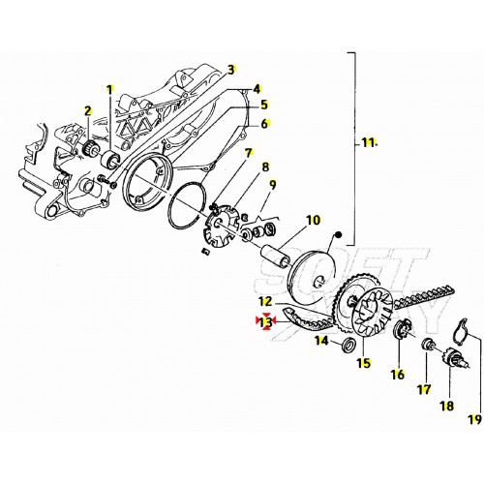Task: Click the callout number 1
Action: (110, 90)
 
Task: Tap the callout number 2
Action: (88, 110)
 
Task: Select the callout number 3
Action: (230, 70)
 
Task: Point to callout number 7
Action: (248, 153)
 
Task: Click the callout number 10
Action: (313, 220)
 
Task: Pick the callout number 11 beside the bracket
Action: (368, 142)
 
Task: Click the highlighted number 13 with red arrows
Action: (266, 321)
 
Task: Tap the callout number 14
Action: (321, 341)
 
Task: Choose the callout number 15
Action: (364, 363)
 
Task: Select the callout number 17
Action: (424, 389)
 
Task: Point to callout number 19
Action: (474, 420)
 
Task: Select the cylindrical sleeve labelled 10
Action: (278, 256)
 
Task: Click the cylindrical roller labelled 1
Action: (110, 160)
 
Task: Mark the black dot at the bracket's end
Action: (338, 235)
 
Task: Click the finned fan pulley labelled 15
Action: (372, 313)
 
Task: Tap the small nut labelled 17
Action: (427, 345)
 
